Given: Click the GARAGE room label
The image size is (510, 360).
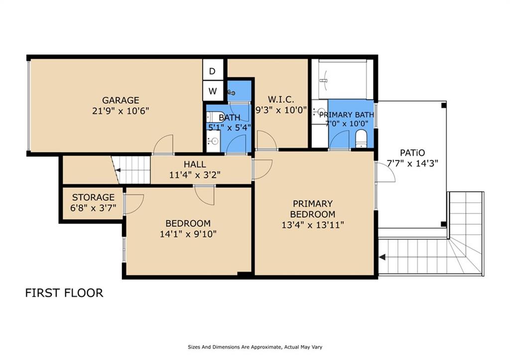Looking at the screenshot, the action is tap(121, 100).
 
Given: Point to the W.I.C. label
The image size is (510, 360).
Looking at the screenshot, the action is tap(281, 99).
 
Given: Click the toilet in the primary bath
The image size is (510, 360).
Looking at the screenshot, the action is tap(361, 139).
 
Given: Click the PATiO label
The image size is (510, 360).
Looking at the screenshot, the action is tap(412, 152).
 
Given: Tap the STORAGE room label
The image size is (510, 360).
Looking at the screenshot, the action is tap(93, 197).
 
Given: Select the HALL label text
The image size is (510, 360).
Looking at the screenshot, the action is tap(195, 164).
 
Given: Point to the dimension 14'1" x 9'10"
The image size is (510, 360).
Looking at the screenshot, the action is tap(188, 234).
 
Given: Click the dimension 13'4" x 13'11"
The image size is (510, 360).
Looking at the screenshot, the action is tap(313, 225).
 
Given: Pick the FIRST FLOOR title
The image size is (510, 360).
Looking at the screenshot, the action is tap(64, 293).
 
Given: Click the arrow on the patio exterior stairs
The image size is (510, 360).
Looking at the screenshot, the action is tap(382, 257).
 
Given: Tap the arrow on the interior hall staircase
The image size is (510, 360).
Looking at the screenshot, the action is tap(118, 170).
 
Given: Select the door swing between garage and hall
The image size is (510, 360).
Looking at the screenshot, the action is tap(163, 144).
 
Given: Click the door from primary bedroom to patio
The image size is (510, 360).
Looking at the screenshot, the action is tap(386, 172).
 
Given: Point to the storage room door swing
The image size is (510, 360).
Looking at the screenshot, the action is tap(133, 204).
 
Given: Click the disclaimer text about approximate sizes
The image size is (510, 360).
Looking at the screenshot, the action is tap(255, 347).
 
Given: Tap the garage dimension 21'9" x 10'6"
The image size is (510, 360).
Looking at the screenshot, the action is tap(121, 111).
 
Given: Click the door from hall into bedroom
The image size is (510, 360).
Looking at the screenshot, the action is tap(205, 196).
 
